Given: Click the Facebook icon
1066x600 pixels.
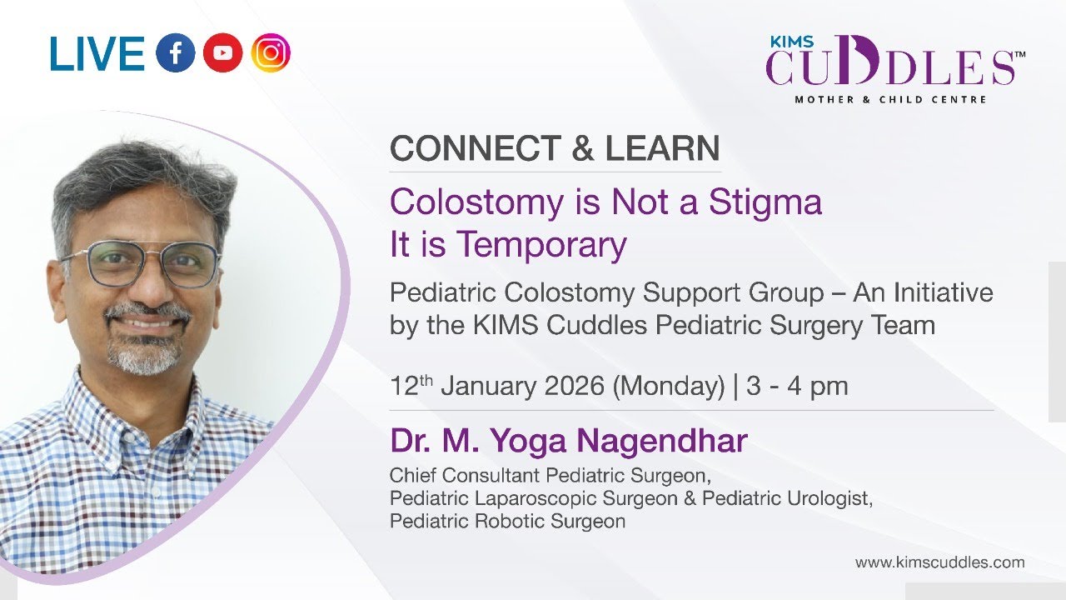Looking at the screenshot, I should tap(175, 54).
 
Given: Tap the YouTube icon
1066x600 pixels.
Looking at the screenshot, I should tap(222, 54).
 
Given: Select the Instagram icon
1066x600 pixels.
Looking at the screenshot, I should tap(270, 54).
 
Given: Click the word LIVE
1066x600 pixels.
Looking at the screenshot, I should tap(97, 54).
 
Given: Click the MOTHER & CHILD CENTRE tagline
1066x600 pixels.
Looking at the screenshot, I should tap(890, 99).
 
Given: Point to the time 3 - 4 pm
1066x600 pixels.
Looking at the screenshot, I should tap(797, 386).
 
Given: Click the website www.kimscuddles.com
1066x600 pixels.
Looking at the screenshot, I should tap(939, 562).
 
